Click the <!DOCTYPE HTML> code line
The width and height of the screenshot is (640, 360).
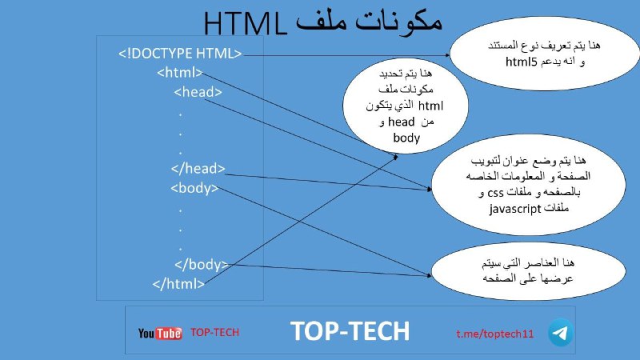click(180, 54)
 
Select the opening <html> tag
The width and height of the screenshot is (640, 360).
click(179, 73)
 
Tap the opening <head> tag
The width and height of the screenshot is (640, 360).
click(198, 92)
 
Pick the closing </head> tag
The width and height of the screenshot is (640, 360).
click(198, 168)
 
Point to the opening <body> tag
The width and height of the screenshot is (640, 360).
click(194, 188)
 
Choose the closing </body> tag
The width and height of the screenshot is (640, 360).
click(202, 265)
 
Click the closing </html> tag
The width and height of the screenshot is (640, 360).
click(178, 284)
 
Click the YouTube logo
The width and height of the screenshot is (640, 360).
click(160, 333)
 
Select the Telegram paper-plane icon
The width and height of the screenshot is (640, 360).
click(560, 333)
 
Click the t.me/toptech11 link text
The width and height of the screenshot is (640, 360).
click(494, 334)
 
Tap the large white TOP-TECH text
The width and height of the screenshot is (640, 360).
click(350, 330)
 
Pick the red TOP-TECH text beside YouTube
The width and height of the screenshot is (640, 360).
click(214, 332)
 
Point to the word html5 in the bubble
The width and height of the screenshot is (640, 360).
click(522, 62)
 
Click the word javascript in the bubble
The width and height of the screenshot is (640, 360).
click(514, 209)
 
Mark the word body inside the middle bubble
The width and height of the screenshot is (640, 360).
click(406, 138)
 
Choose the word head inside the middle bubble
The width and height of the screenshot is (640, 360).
click(402, 122)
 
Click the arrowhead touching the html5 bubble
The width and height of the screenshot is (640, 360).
click(448, 54)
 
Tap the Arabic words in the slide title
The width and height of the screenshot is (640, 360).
click(369, 22)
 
